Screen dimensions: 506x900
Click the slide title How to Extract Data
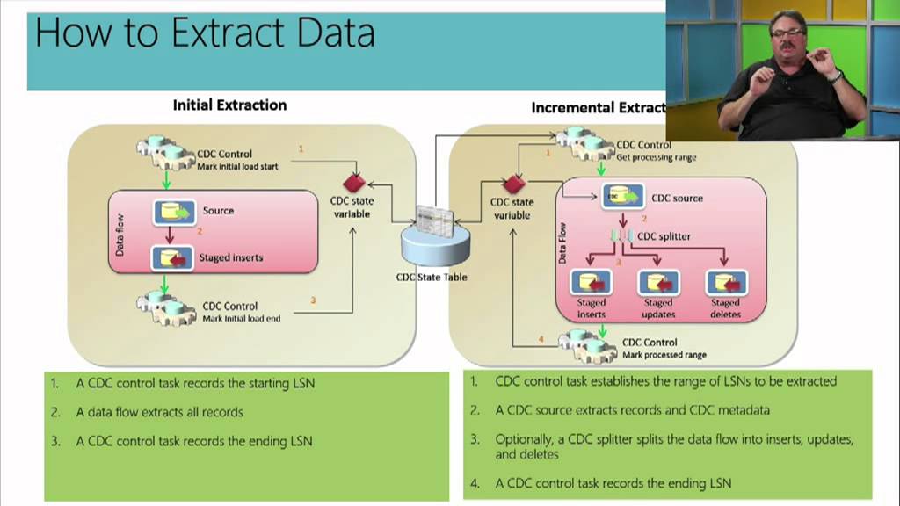(204, 33)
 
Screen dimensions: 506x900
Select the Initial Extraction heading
(229, 105)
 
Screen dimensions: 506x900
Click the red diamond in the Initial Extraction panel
(353, 184)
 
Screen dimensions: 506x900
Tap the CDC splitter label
(664, 236)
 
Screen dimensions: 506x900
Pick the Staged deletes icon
(726, 283)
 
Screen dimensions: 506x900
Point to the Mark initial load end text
(242, 319)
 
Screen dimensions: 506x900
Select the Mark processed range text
(664, 355)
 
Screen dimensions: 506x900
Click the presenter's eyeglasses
(787, 33)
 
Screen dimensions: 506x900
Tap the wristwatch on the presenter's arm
(835, 76)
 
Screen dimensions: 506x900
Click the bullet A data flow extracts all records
(159, 411)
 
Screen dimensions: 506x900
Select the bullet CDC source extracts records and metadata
(632, 410)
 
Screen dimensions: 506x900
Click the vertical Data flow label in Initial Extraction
(120, 235)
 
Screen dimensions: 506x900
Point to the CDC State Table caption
(432, 278)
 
